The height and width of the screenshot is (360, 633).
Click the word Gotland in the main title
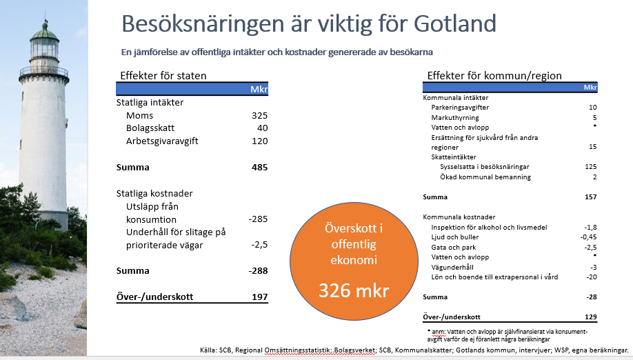[455, 23]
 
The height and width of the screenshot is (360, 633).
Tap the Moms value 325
[259, 115]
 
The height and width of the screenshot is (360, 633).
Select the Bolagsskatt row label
[150, 128]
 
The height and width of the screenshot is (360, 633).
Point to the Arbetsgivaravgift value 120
[259, 141]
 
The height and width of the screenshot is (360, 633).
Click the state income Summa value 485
[259, 167]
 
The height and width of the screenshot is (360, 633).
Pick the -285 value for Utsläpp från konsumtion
[258, 219]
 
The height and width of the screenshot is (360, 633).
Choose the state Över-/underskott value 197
[259, 297]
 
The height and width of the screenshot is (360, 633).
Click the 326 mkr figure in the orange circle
[354, 290]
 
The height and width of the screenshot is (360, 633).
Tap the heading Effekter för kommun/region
[494, 75]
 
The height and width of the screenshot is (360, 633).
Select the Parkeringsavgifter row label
[460, 108]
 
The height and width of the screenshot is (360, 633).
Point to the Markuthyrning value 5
[594, 118]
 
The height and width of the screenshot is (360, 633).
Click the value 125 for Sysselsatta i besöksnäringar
[591, 167]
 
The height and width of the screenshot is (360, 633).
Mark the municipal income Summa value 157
[591, 197]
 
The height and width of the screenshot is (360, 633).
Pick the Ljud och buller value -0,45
[589, 237]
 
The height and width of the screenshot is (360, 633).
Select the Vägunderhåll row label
[452, 267]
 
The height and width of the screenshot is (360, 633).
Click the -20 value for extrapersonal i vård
[592, 277]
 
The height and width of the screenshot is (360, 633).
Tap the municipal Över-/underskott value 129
[591, 317]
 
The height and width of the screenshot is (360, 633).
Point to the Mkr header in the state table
[259, 89]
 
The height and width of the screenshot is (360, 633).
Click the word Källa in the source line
[209, 350]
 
